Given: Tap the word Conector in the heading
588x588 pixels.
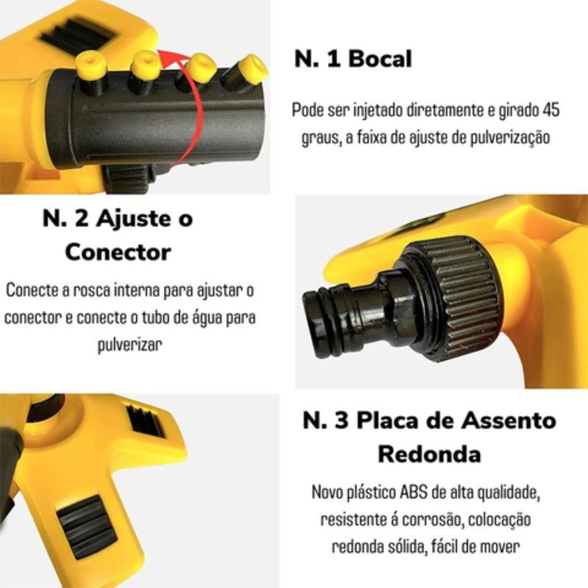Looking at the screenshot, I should (x=118, y=251).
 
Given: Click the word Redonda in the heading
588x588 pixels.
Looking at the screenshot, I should (x=429, y=453).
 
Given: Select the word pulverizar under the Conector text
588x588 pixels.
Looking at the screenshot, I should (x=130, y=344).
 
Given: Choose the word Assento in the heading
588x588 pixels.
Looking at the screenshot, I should (x=508, y=421).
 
